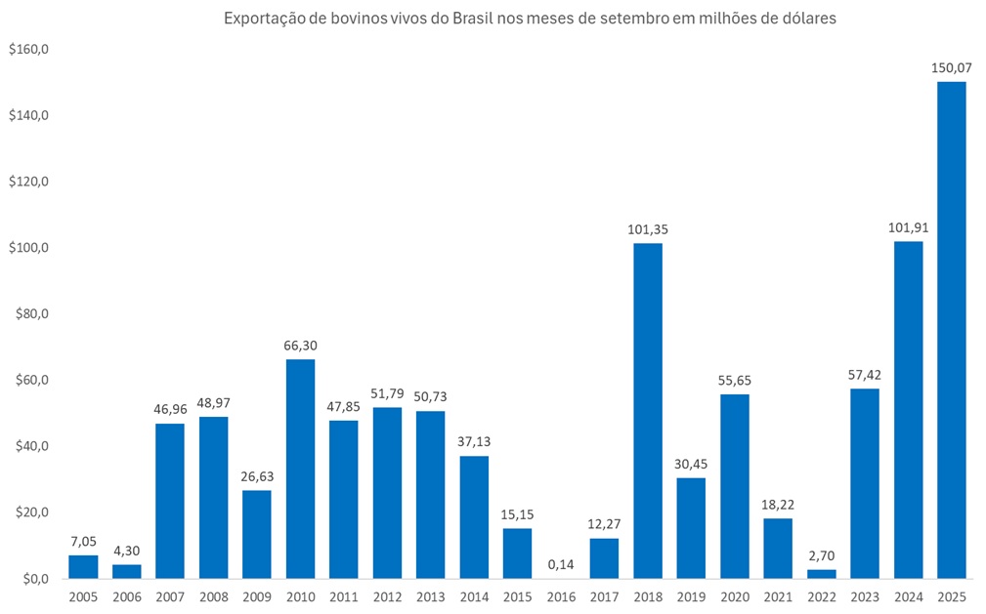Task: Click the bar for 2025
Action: [951, 330]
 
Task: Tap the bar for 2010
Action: [300, 469]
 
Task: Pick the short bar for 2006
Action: [126, 571]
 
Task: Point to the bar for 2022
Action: [821, 574]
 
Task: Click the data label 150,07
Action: [951, 69]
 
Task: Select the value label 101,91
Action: [908, 229]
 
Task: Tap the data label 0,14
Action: [561, 565]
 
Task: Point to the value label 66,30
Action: [300, 346]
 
